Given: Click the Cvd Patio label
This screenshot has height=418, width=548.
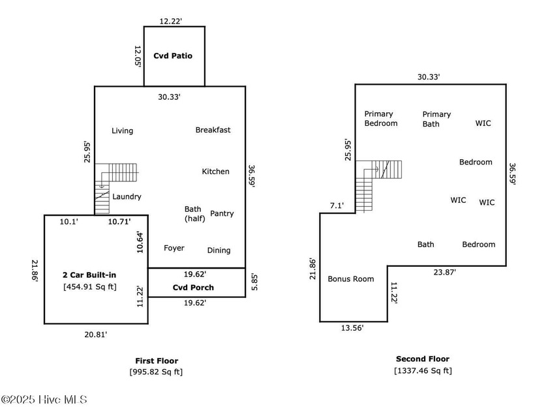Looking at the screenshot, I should (x=173, y=56).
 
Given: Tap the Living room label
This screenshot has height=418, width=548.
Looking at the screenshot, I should (x=122, y=130).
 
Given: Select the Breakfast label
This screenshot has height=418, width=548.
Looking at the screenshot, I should (x=213, y=130).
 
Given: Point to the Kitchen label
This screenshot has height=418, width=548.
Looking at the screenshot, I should (x=215, y=172).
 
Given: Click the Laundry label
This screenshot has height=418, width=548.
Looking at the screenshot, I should (x=127, y=196).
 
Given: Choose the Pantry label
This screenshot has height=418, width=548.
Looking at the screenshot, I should (x=222, y=214).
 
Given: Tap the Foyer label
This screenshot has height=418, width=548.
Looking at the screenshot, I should (x=174, y=248).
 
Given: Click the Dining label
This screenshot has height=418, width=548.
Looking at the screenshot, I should (x=219, y=250).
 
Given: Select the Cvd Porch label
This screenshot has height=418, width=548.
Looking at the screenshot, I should (x=193, y=288).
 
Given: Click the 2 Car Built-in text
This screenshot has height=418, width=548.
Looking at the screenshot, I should (x=89, y=275).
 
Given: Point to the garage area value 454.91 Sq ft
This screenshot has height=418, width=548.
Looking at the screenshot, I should (x=89, y=286).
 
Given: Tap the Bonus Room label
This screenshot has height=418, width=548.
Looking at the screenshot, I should (x=351, y=279).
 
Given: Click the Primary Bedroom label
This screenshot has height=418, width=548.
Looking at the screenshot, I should (x=380, y=118).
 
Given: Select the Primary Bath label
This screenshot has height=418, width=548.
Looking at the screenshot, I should (x=436, y=118).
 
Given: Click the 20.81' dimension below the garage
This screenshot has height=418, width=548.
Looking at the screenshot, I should (x=96, y=334).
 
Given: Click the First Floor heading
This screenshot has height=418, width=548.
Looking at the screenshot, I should (x=157, y=361).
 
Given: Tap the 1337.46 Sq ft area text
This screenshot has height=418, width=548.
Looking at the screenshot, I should (x=423, y=370).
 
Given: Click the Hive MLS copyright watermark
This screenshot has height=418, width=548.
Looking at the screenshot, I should (x=44, y=400).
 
